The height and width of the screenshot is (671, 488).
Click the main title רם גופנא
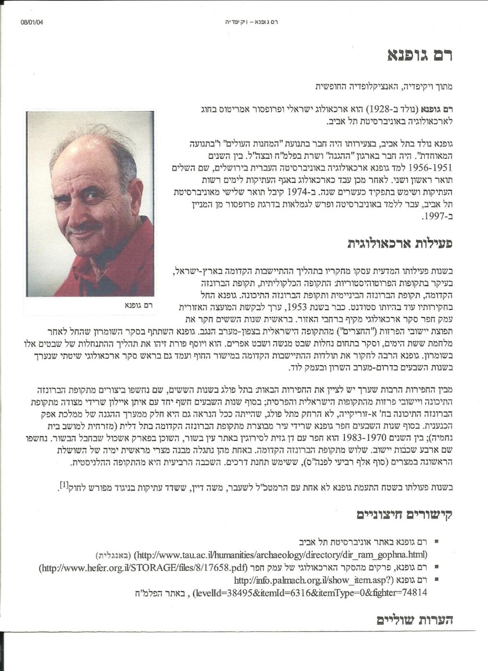419,55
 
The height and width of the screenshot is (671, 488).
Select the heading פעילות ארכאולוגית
400,243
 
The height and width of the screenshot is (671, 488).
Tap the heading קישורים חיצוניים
405,515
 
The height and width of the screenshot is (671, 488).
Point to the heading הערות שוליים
415,620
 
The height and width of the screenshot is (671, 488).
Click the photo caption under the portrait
138,305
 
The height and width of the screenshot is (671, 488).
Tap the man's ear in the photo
136,194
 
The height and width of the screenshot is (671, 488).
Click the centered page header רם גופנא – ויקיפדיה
251,22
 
